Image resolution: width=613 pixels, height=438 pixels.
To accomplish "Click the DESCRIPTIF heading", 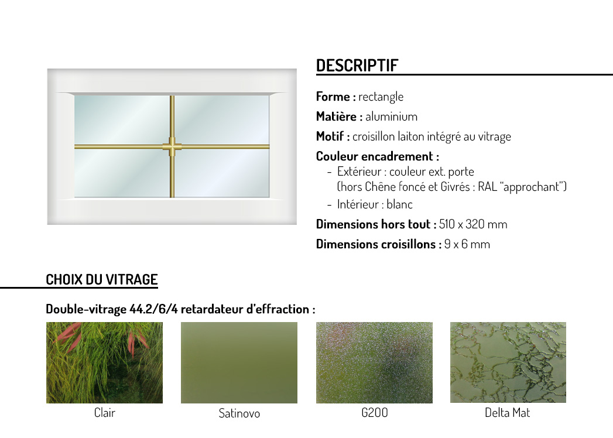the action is coord(357,66).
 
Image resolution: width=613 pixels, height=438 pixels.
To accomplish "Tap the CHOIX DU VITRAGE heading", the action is coord(102,280).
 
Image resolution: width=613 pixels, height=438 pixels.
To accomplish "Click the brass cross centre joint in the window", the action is coord(172,146).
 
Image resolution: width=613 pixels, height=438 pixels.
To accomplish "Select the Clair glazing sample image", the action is coord(104,362).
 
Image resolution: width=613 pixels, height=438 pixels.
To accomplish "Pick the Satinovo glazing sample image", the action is coord(239,362).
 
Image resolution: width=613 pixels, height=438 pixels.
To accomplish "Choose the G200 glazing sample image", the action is coord(374,362).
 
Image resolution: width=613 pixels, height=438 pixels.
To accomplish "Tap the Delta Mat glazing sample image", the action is coord(508,362).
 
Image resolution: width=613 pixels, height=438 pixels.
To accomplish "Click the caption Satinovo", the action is coord(239,413).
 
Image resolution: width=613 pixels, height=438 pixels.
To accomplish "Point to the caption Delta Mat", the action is coord(508,413).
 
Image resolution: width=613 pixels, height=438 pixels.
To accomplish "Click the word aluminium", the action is coord(391,117).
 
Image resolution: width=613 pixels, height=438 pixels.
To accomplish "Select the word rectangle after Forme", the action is coord(381,97).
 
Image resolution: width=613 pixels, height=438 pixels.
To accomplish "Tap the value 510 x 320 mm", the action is coord(473,224).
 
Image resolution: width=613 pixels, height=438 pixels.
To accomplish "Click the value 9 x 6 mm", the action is coord(467,244).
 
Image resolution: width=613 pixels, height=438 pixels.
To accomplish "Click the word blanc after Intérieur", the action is coord(399,204).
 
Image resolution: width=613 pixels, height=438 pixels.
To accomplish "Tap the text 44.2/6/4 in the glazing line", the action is coord(153,309).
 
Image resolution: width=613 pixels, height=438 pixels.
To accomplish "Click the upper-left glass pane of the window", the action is coord(122,119).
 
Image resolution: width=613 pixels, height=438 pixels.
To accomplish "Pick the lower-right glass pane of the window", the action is coord(222,173).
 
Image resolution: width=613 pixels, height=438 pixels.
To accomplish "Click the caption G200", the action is coord(375,413).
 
